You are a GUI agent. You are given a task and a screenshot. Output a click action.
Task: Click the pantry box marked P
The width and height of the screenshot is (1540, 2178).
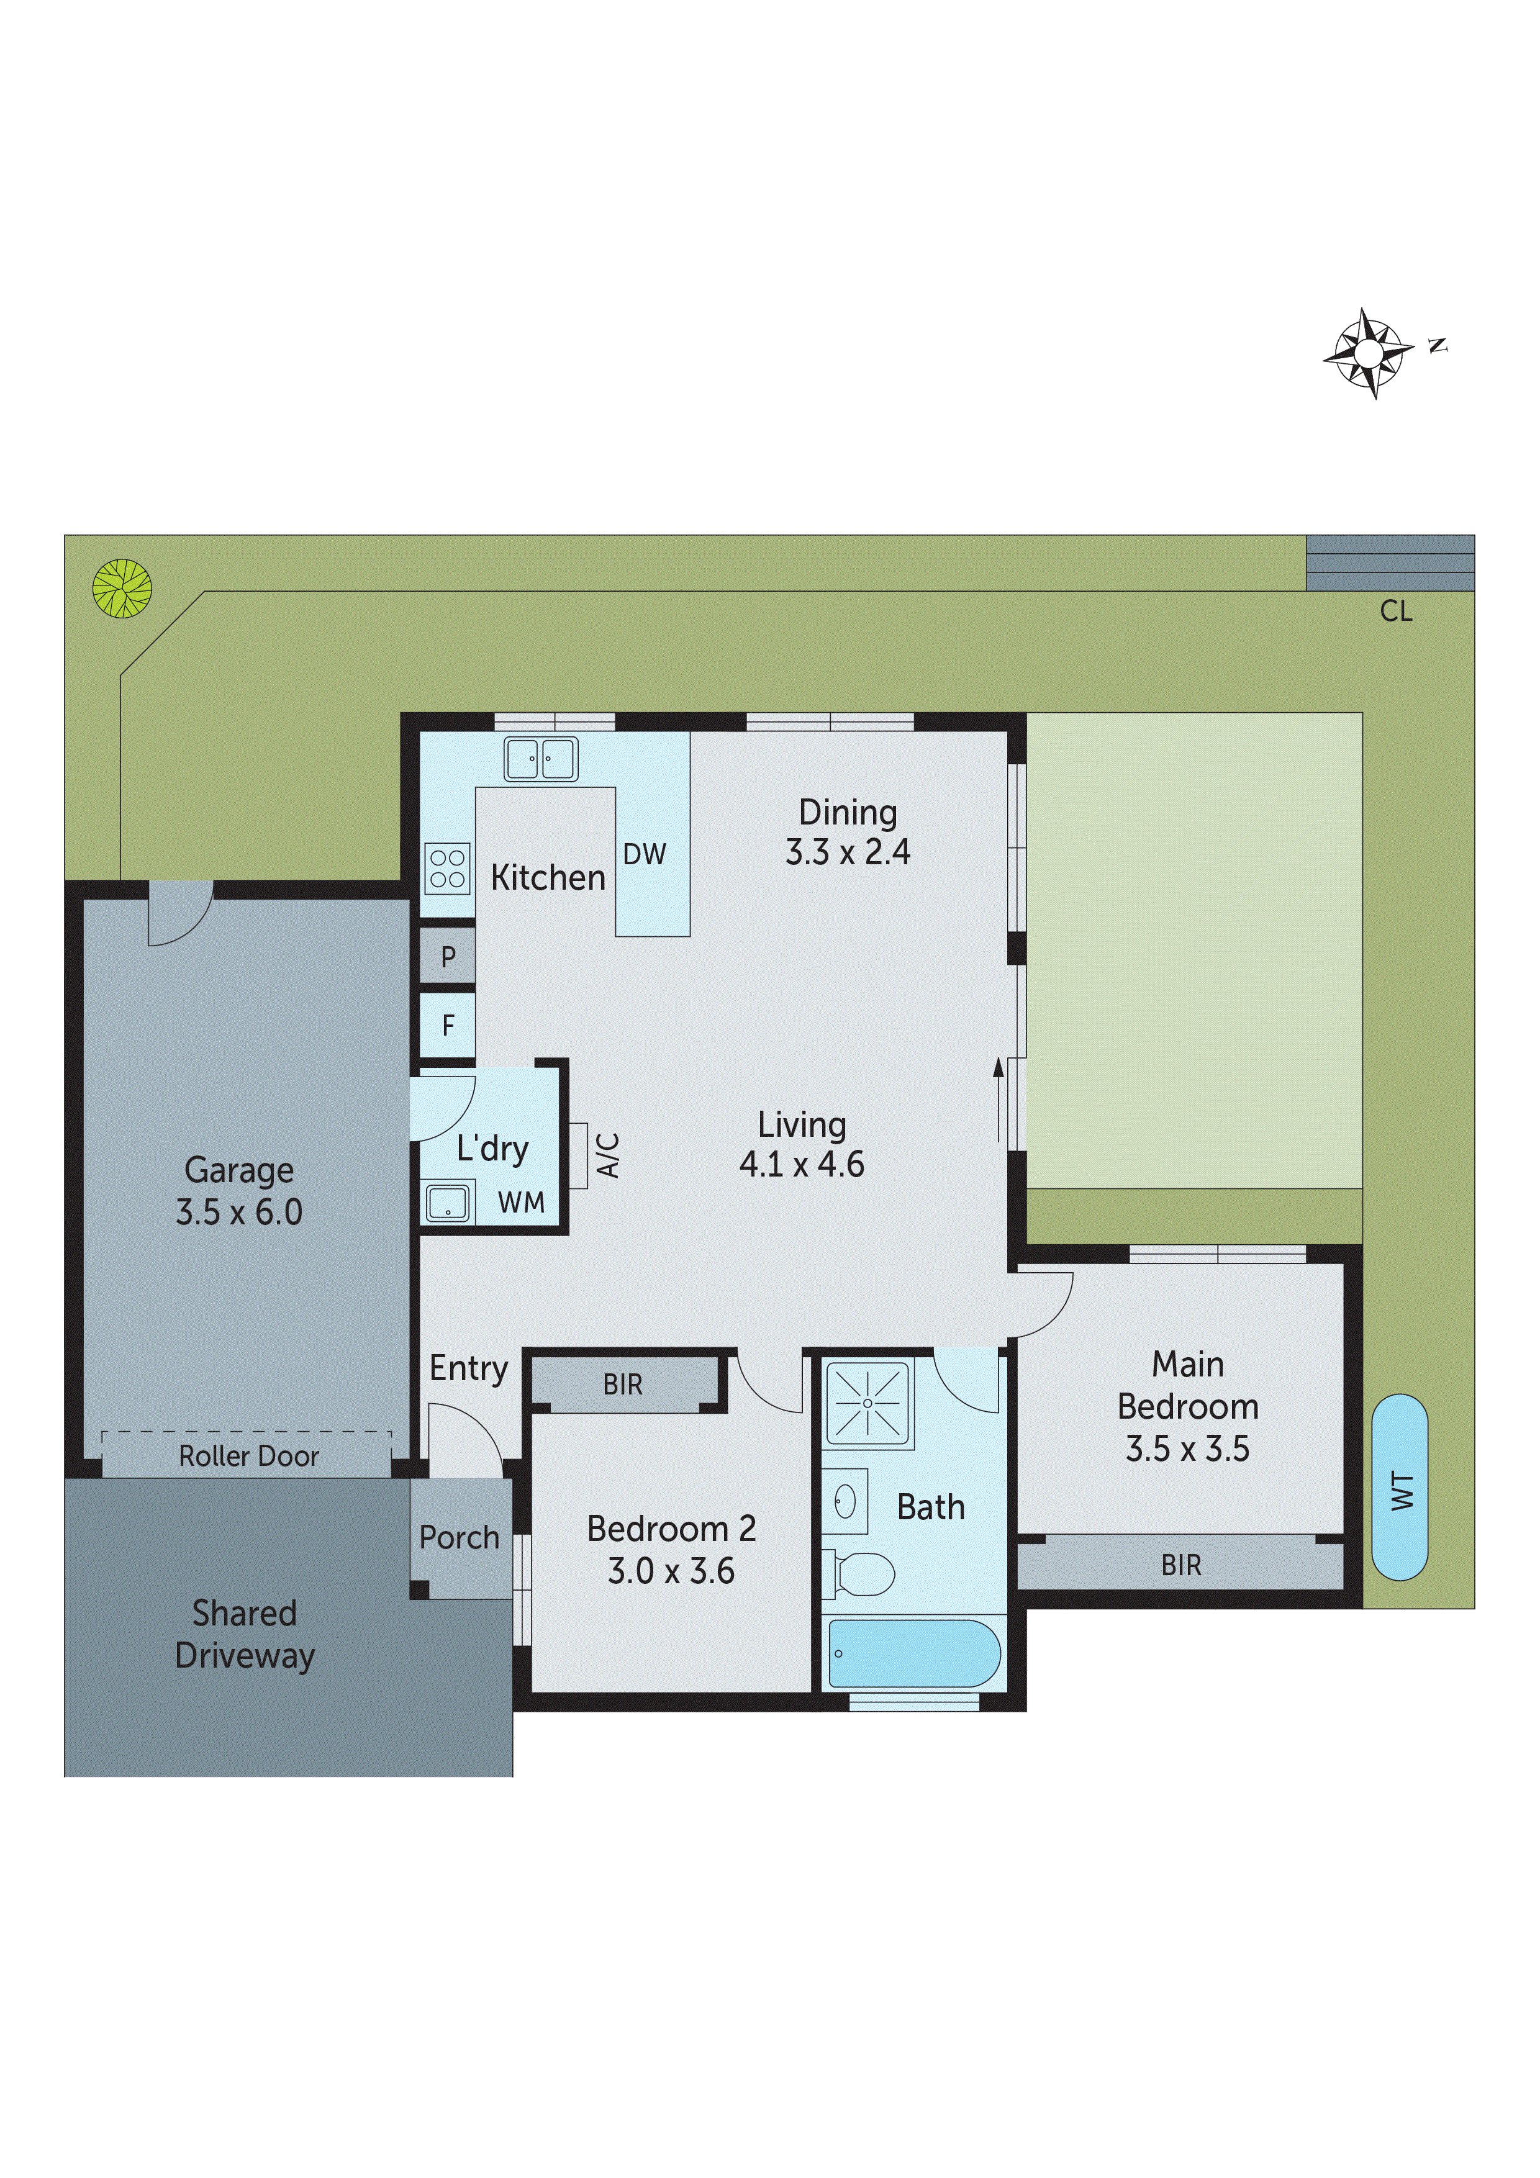[448, 957]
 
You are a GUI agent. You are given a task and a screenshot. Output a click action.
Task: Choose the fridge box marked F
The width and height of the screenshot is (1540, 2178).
[448, 1026]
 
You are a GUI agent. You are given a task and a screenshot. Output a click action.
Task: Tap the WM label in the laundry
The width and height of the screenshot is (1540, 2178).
[521, 1203]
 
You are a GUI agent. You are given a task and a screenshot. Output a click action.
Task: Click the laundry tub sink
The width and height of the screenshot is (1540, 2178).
[447, 1203]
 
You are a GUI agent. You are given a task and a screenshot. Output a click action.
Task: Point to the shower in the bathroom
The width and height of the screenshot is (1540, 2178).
[867, 1402]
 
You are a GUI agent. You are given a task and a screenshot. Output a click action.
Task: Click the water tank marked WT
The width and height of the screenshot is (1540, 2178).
[1400, 1488]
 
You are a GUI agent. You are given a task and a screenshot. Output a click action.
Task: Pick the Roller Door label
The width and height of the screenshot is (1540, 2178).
[248, 1456]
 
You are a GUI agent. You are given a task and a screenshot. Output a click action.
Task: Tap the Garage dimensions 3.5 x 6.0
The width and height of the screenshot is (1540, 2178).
[239, 1213]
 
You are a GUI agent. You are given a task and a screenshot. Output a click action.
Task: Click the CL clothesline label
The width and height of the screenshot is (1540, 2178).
[1396, 612]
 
